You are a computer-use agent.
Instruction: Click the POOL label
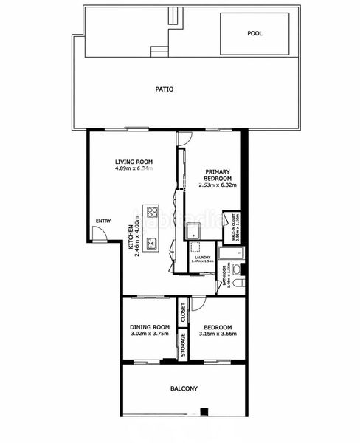(x=255, y=33)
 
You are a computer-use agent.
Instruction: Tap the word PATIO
(x=165, y=89)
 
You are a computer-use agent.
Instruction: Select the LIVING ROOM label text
(x=134, y=161)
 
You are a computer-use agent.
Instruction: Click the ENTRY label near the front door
(x=103, y=219)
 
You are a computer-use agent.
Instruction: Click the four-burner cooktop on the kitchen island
(x=153, y=212)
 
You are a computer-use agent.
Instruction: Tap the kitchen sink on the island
(x=153, y=241)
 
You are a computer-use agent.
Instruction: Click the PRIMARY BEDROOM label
(x=219, y=175)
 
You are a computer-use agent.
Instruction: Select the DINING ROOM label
(x=150, y=327)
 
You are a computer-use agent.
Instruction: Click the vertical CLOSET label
(x=183, y=313)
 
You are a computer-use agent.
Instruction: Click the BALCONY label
(x=184, y=388)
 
